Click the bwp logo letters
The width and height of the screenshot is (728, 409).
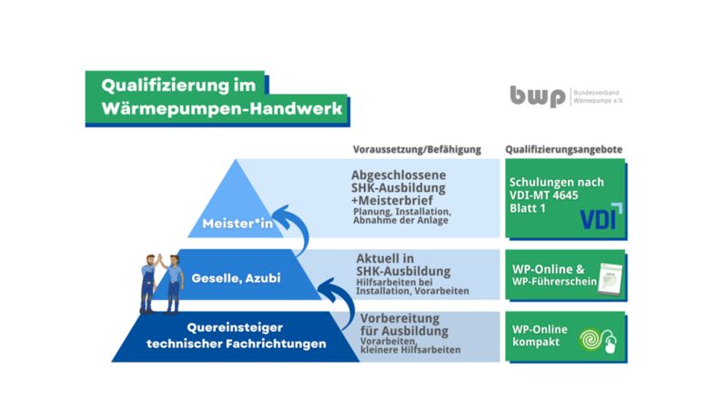pos(537,95)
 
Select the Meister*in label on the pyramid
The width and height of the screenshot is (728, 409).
pos(236,223)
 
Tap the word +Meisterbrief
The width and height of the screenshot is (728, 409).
pos(398,202)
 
